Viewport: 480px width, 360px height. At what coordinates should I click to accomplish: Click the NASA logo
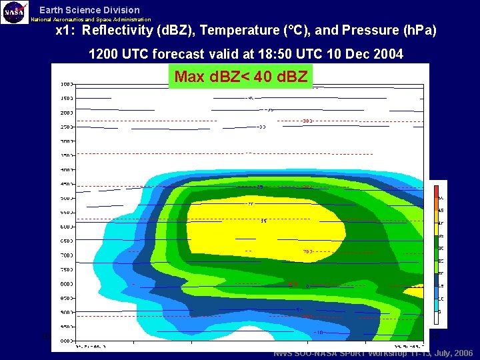[15, 12]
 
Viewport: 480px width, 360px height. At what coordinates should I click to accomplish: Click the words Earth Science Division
[89, 10]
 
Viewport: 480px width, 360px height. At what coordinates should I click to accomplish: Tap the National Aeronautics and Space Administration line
[91, 20]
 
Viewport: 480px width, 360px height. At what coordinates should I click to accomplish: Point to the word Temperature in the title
[240, 31]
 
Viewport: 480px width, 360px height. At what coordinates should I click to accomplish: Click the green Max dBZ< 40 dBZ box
[241, 77]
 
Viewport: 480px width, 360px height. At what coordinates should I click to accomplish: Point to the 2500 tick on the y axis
[67, 127]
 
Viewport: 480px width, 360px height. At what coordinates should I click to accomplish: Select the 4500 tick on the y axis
[67, 184]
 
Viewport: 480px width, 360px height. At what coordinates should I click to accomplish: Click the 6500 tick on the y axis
[67, 241]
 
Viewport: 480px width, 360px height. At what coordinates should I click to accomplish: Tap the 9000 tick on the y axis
[67, 312]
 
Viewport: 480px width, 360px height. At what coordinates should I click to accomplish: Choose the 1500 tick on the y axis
[67, 98]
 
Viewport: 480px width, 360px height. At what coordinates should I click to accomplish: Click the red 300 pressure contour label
[307, 121]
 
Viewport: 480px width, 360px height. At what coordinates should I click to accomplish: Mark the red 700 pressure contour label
[307, 251]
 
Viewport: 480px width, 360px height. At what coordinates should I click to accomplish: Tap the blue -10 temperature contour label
[320, 332]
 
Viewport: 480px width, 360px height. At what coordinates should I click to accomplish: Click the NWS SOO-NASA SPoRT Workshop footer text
[373, 353]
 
